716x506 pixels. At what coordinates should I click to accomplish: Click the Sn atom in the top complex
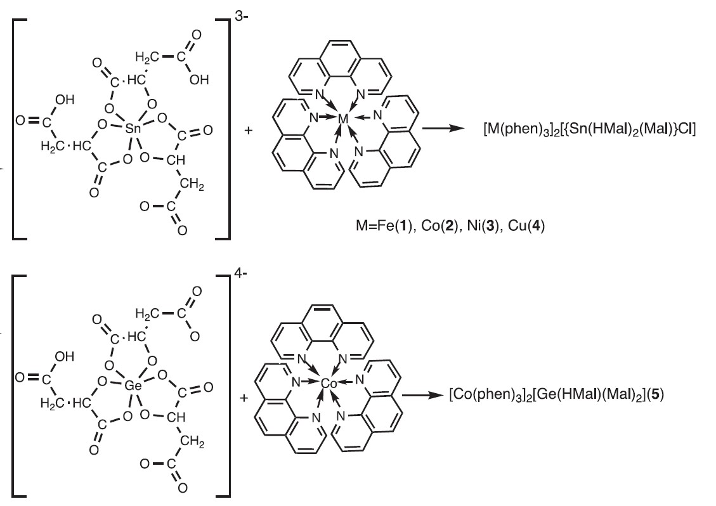[133, 129]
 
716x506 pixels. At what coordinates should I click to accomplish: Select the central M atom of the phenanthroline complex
[343, 118]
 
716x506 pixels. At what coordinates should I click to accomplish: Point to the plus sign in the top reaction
[248, 131]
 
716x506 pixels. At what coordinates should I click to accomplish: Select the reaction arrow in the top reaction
[445, 129]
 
